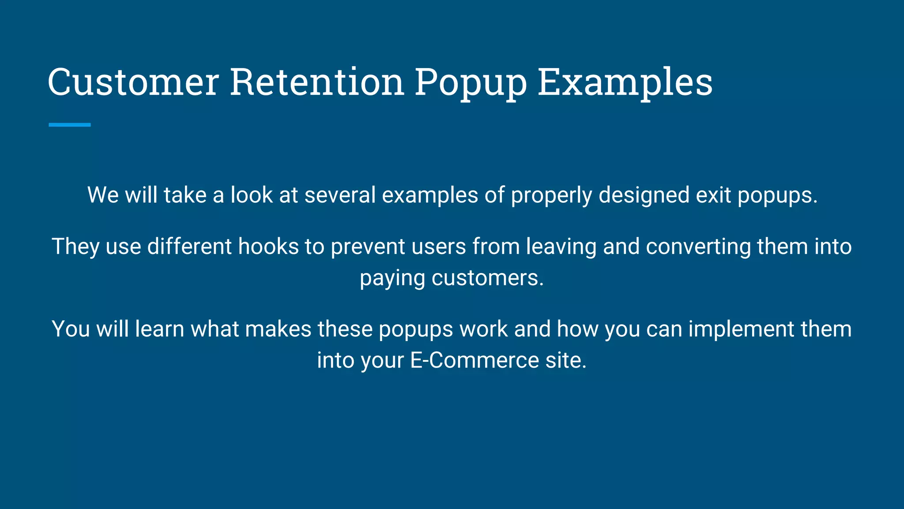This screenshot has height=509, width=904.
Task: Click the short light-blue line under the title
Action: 70,125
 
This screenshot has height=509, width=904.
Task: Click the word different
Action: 189,246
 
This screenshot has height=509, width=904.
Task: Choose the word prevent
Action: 368,247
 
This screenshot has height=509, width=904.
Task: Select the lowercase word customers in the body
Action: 487,278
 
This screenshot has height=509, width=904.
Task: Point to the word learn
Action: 159,329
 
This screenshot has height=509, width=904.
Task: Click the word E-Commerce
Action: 475,360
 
